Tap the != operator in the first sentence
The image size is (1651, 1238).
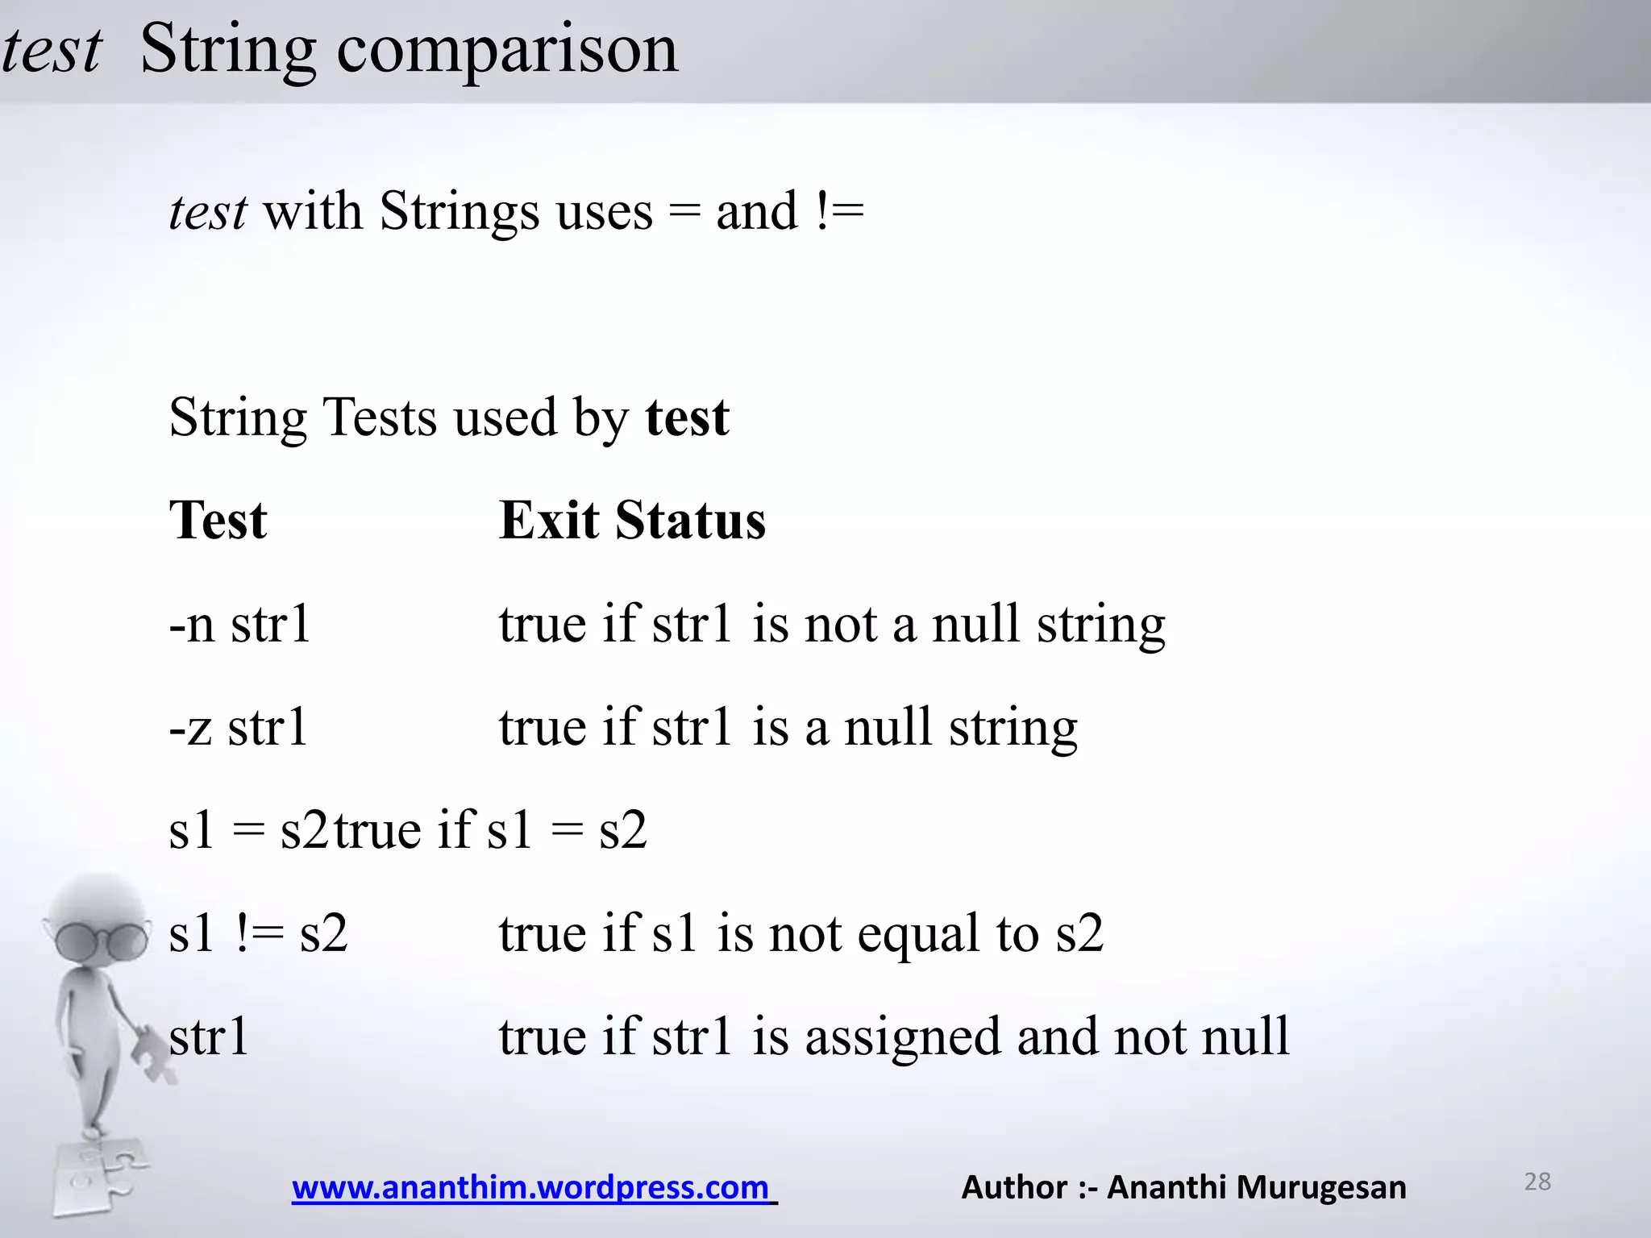coord(839,211)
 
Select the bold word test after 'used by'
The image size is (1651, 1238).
coord(687,418)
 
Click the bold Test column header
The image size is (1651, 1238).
coord(218,520)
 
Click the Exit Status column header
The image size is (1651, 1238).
coord(632,520)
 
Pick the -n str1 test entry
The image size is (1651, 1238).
coord(239,624)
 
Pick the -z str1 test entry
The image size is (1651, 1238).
coord(238,727)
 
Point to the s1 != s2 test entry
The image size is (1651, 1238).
coord(258,933)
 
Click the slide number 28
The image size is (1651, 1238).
coord(1537,1182)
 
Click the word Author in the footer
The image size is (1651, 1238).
coord(1014,1187)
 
